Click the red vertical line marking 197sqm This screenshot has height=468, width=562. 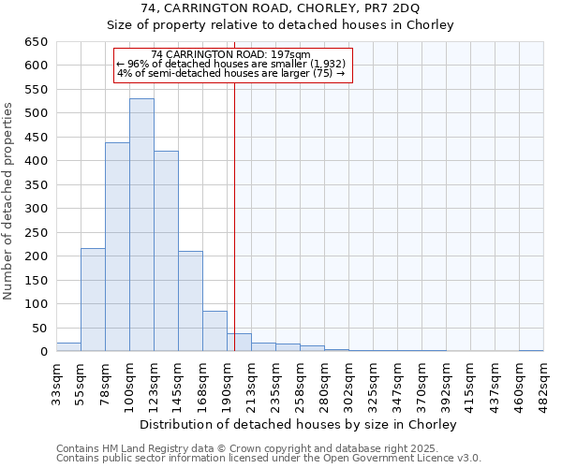(234, 215)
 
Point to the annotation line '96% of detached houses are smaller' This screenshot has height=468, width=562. (231, 64)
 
